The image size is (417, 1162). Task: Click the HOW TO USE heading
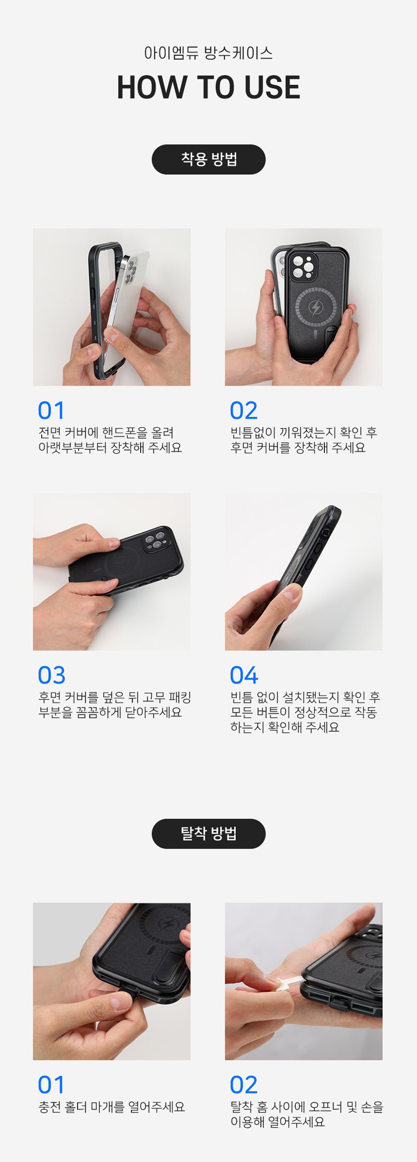208,88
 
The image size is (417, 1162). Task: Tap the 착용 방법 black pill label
208,159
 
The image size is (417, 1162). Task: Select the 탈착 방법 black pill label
208,834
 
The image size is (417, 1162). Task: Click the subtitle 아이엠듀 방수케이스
208,53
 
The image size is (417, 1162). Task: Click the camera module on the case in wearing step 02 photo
303,266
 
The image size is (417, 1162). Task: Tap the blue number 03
51,675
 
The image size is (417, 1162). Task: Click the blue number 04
244,675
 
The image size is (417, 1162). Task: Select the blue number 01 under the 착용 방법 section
51,410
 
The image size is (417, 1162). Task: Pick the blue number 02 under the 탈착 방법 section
244,1084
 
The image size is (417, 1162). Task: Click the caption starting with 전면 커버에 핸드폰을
110,440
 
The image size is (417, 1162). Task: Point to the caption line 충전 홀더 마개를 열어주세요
112,1106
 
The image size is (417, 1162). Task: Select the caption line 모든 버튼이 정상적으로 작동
304,712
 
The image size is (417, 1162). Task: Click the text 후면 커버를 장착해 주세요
298,447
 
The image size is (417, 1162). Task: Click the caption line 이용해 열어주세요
277,1121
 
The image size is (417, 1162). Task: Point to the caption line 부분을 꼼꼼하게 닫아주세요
110,712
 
